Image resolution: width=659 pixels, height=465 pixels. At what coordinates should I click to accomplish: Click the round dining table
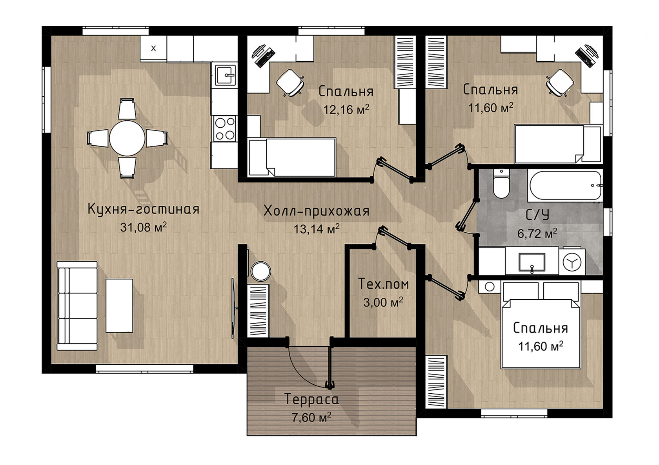click(127, 138)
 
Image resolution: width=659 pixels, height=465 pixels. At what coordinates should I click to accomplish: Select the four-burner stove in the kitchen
click(225, 128)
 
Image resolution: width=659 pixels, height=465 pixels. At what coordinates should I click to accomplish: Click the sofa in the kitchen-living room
click(77, 306)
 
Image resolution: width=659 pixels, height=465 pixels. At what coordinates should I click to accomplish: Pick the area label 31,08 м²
click(143, 227)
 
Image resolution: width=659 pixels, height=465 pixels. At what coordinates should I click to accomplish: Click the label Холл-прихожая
click(316, 211)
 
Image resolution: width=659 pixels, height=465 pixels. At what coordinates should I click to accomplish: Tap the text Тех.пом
click(383, 284)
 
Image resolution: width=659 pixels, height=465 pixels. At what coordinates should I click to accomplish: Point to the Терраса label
click(311, 399)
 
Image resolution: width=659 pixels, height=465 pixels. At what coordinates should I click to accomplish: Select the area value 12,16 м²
click(346, 110)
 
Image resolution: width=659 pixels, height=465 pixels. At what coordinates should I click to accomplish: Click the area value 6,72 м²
click(537, 234)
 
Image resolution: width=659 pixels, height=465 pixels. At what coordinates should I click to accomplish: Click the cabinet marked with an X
click(153, 49)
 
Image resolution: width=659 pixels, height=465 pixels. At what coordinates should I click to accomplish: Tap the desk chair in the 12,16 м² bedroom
click(290, 83)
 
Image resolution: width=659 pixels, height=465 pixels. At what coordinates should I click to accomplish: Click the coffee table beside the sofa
click(119, 306)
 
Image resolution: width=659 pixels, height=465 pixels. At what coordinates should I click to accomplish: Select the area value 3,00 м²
click(383, 302)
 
